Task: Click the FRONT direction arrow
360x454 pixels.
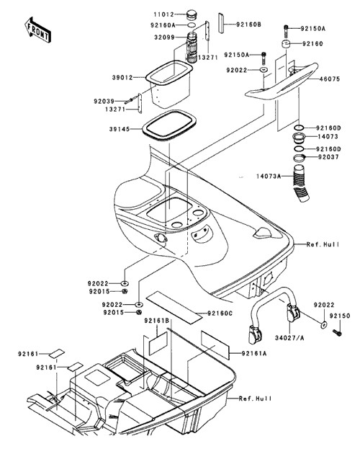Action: [38, 30]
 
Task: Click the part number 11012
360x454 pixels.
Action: [163, 14]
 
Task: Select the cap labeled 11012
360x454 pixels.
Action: [191, 14]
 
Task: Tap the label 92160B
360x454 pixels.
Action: [249, 25]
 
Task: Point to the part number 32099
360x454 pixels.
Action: [164, 37]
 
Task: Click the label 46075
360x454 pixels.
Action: [330, 79]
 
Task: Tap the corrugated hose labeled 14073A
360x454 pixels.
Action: [300, 183]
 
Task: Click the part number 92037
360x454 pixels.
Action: [328, 157]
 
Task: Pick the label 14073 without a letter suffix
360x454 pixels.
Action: [328, 136]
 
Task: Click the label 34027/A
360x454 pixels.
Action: [289, 338]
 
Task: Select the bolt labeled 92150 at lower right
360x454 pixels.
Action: [337, 333]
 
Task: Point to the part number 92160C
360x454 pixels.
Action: [220, 313]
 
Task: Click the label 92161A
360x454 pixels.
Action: [254, 353]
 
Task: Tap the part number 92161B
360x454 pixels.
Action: [157, 321]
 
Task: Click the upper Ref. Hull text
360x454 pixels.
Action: [323, 245]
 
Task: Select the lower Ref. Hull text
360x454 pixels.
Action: [256, 399]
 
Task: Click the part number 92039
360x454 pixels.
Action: [104, 102]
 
